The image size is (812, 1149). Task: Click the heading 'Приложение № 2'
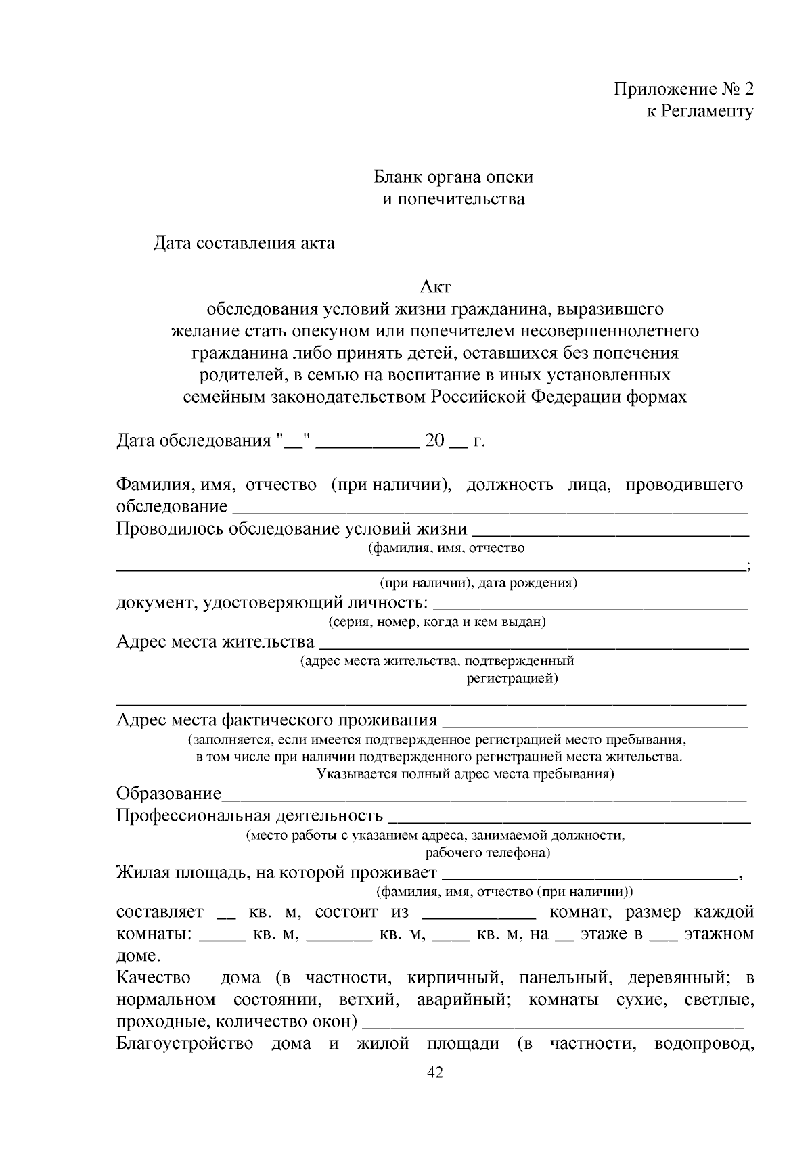pos(683,89)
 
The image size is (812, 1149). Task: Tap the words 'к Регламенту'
pos(700,112)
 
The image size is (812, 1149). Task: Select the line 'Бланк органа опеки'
pos(453,177)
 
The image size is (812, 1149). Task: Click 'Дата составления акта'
pos(244,243)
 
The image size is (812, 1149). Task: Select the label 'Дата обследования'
pos(194,441)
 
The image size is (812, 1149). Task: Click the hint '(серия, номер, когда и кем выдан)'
pos(437,621)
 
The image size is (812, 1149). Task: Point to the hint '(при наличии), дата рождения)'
pos(478,583)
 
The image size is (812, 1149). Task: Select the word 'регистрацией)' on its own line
pos(512,678)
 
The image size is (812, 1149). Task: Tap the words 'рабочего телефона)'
pos(487,852)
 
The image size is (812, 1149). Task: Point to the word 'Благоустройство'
pos(185,1043)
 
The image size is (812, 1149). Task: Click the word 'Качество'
pos(154,978)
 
